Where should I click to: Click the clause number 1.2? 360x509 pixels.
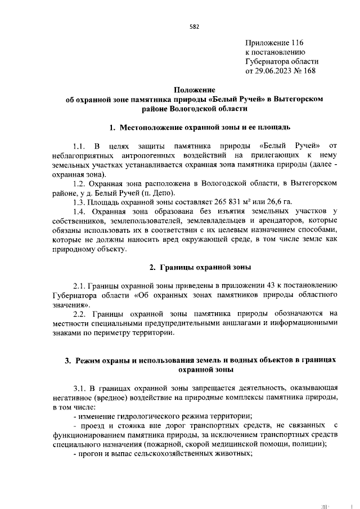[80, 183]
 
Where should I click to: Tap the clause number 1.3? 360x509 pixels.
[80, 201]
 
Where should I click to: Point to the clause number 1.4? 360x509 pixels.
[80, 211]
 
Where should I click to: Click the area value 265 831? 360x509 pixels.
[208, 201]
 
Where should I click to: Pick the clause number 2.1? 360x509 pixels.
[80, 285]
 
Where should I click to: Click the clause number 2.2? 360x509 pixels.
[80, 313]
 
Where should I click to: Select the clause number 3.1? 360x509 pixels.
[80, 388]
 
